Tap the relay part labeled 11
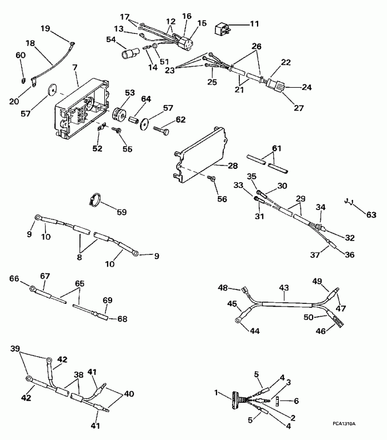point(225,26)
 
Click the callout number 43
point(284,288)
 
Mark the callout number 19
point(45,28)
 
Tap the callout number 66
point(14,278)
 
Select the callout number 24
point(306,87)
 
